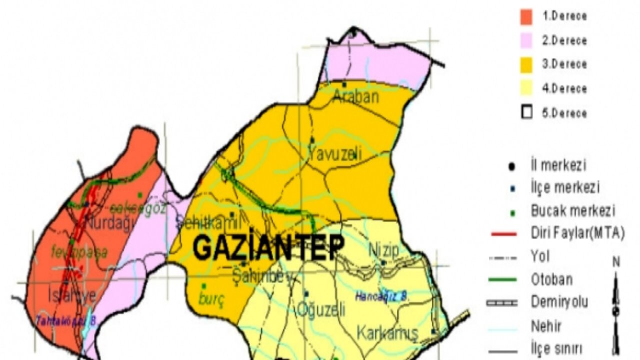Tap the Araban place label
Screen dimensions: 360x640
click(356, 97)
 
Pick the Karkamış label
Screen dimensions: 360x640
click(387, 333)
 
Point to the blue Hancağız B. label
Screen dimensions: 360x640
click(382, 296)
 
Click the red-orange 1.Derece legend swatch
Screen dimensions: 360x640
click(526, 16)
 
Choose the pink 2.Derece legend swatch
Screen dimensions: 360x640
click(526, 40)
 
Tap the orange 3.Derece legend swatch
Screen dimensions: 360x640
click(526, 64)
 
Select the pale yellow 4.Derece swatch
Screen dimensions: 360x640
click(526, 88)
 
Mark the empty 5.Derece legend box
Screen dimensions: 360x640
click(526, 113)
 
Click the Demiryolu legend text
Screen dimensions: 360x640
click(559, 302)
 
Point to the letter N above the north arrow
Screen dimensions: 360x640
click(616, 261)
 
